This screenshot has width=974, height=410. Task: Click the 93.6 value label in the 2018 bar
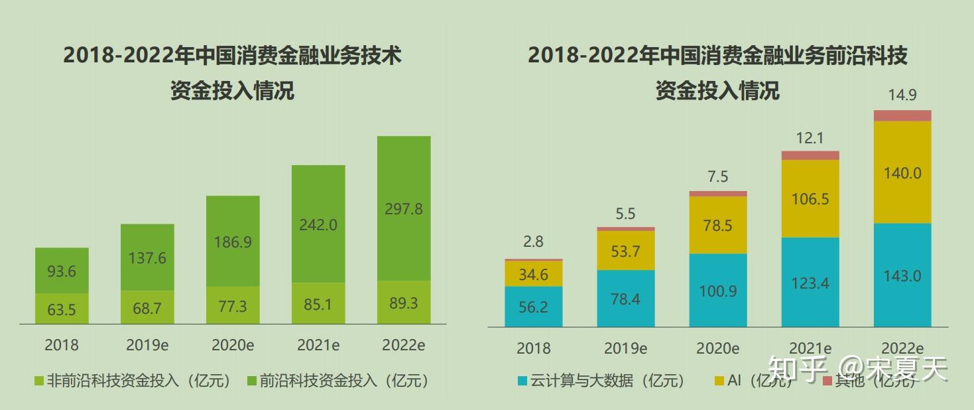(62, 272)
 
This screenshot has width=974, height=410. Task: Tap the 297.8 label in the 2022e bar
(403, 209)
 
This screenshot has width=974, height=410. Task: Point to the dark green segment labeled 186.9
(233, 241)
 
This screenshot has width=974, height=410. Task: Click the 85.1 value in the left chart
(318, 305)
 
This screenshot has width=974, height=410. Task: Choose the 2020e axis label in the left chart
(233, 346)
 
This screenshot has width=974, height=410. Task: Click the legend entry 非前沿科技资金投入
(133, 381)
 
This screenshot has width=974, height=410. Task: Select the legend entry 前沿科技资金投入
(337, 381)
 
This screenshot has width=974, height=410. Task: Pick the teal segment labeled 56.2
(533, 307)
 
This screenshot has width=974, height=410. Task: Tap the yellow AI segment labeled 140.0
(902, 173)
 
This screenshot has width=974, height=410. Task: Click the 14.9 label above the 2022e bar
(902, 96)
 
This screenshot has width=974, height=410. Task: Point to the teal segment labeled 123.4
(810, 283)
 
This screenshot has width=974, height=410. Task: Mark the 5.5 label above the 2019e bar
(625, 214)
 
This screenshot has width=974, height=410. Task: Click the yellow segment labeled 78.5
(718, 226)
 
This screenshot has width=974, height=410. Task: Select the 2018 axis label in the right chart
(533, 348)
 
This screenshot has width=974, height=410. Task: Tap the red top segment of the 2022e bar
(902, 116)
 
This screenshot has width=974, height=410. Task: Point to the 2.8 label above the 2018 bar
(533, 242)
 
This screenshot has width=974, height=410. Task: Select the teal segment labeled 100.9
(718, 291)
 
